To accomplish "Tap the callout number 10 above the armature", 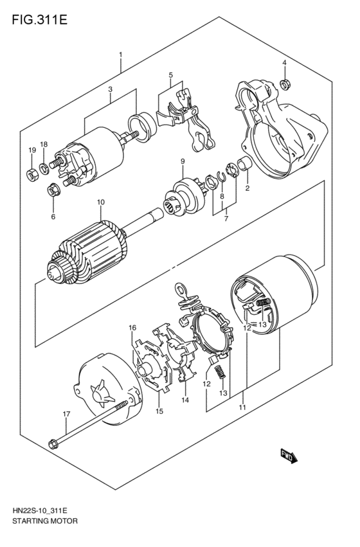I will point(100,202).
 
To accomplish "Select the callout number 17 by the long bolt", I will point(66,414).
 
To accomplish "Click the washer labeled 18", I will point(44,169).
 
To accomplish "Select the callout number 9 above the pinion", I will point(183,161).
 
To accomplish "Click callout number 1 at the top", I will point(120,55).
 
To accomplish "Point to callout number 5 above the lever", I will point(171,75).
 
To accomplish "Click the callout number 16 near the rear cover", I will point(133,328).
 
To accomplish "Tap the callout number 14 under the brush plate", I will point(184,400).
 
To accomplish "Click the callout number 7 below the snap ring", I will point(226,219).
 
